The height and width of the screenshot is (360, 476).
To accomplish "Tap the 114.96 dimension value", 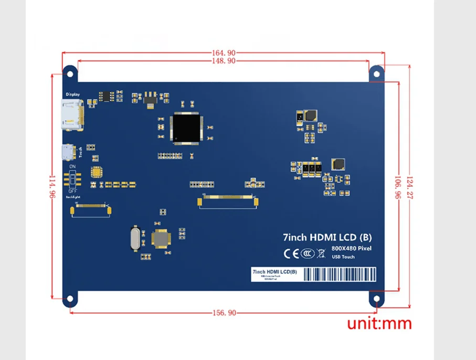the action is point(51,186).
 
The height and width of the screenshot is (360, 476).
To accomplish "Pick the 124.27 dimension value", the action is point(410,186).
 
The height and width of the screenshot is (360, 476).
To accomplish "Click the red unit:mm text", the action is point(379,324).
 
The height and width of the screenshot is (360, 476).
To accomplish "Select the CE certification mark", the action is point(291,253).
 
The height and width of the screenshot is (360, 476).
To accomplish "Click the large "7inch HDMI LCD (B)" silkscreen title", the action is point(327,238).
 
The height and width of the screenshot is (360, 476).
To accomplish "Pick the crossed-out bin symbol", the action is point(322,253).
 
